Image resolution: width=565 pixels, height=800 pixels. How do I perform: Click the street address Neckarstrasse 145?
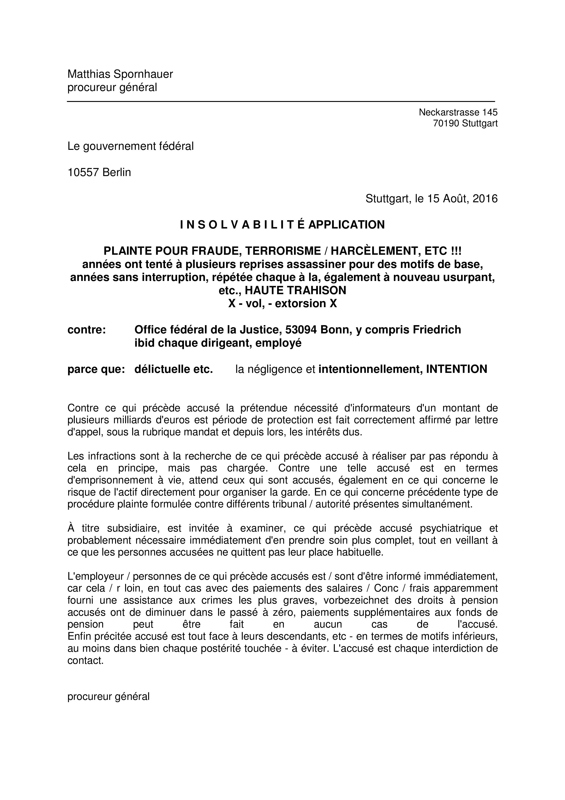click(x=458, y=112)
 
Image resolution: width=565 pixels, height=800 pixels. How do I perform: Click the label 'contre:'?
click(x=86, y=330)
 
